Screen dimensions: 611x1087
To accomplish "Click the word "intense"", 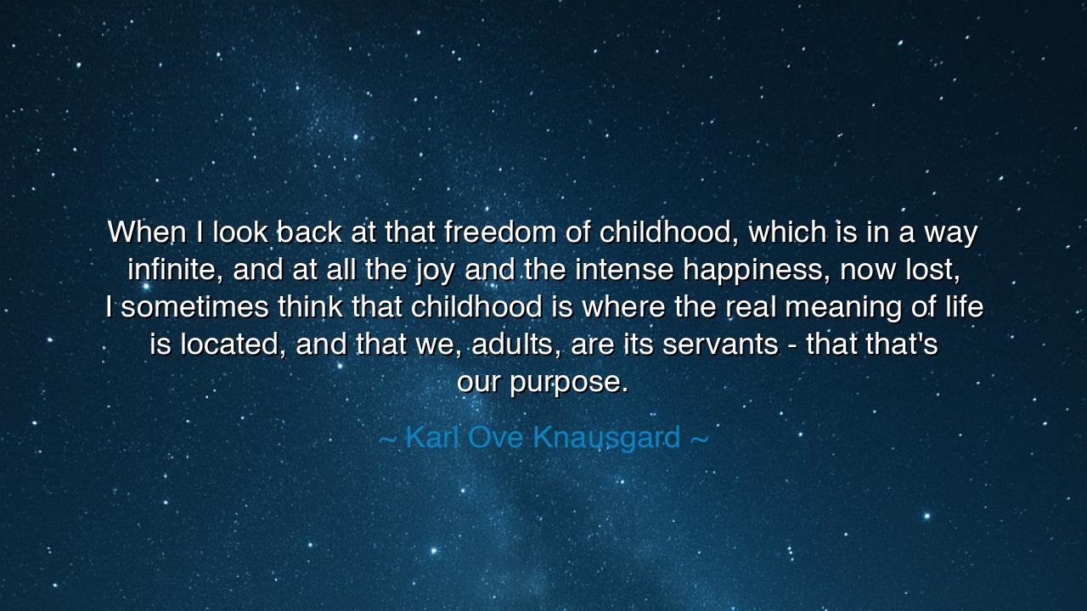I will (624, 270).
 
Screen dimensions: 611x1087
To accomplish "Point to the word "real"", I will (752, 307).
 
